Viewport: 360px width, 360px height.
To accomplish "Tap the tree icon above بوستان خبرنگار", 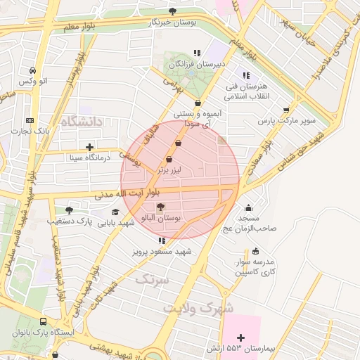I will (x=173, y=11).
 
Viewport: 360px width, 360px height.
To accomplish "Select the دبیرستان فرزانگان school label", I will (x=200, y=64).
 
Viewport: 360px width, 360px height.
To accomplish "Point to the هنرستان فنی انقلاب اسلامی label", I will (x=246, y=91).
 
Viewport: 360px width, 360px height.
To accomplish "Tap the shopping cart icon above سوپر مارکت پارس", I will (x=285, y=110).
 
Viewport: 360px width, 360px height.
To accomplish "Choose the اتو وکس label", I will (x=33, y=82).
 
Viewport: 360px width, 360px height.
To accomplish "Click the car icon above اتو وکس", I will (x=33, y=71).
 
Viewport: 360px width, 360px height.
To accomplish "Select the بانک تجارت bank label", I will (x=32, y=131).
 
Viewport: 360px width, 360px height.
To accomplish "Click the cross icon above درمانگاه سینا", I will (x=89, y=147).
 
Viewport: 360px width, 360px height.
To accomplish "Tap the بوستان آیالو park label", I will (x=162, y=219).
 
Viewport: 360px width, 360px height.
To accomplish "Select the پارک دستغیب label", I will (x=70, y=221).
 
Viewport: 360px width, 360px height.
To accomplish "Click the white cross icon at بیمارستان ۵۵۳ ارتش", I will (x=243, y=338).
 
